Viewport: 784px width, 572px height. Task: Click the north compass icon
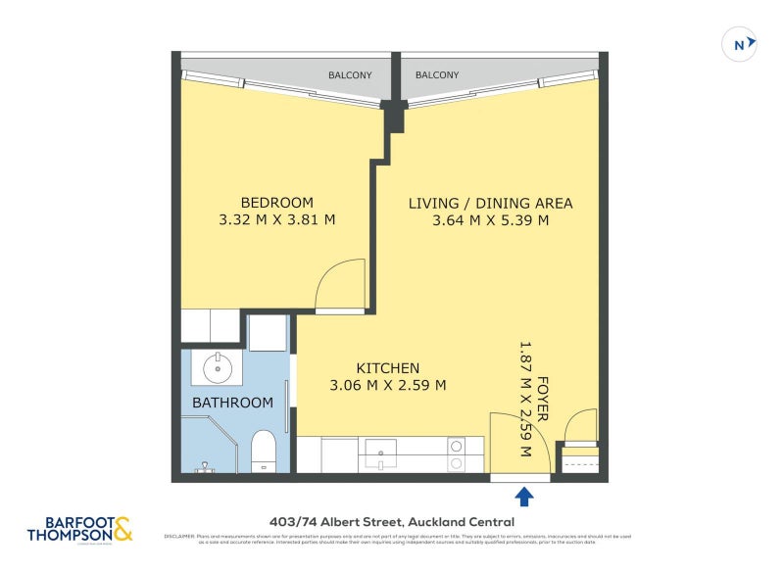point(739,44)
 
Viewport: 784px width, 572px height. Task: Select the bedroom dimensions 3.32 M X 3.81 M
point(276,220)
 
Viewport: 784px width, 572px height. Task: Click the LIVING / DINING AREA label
point(490,204)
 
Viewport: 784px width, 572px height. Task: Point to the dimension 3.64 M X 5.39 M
point(490,220)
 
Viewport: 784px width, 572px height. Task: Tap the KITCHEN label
point(388,367)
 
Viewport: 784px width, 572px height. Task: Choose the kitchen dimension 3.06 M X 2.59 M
point(388,385)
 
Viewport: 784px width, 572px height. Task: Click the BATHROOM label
point(232,403)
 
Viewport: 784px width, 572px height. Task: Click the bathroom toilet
point(264,452)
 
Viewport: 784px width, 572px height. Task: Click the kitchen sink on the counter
point(381,453)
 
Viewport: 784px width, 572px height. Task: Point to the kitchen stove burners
point(457,453)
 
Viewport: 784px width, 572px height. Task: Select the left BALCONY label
point(350,74)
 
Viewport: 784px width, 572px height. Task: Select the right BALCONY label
point(437,74)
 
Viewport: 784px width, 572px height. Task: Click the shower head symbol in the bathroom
point(204,466)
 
